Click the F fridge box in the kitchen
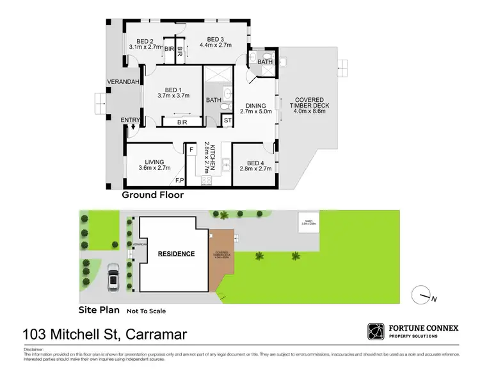click(191, 149)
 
